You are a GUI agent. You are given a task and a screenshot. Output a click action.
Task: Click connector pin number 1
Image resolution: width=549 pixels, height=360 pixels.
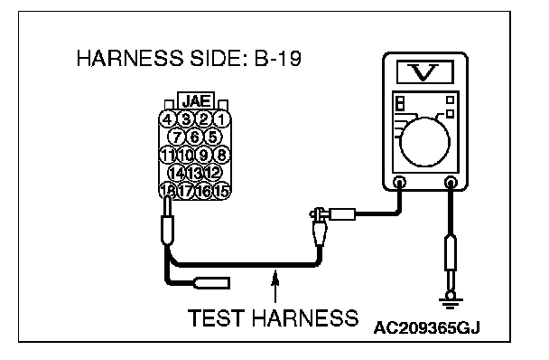(x=221, y=119)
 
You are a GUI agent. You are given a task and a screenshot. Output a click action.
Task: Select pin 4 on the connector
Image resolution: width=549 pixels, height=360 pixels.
(x=168, y=119)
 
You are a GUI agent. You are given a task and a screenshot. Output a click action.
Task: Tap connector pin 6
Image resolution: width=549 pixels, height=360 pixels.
(x=195, y=137)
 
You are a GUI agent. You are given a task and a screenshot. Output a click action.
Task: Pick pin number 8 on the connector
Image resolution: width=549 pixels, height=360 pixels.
(x=221, y=155)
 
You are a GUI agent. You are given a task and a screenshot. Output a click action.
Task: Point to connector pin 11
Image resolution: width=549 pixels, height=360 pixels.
(x=168, y=155)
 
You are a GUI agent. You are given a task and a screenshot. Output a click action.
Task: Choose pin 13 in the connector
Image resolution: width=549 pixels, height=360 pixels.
(x=195, y=173)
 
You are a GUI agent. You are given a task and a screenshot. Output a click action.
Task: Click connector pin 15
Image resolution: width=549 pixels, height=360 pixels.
(x=221, y=191)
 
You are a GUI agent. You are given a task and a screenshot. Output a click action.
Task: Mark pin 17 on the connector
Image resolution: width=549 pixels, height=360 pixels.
(x=186, y=191)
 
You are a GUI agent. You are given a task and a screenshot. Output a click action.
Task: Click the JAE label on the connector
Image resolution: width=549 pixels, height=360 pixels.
(x=197, y=101)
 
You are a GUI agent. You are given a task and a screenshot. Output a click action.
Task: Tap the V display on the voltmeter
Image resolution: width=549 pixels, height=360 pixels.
(x=425, y=72)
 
